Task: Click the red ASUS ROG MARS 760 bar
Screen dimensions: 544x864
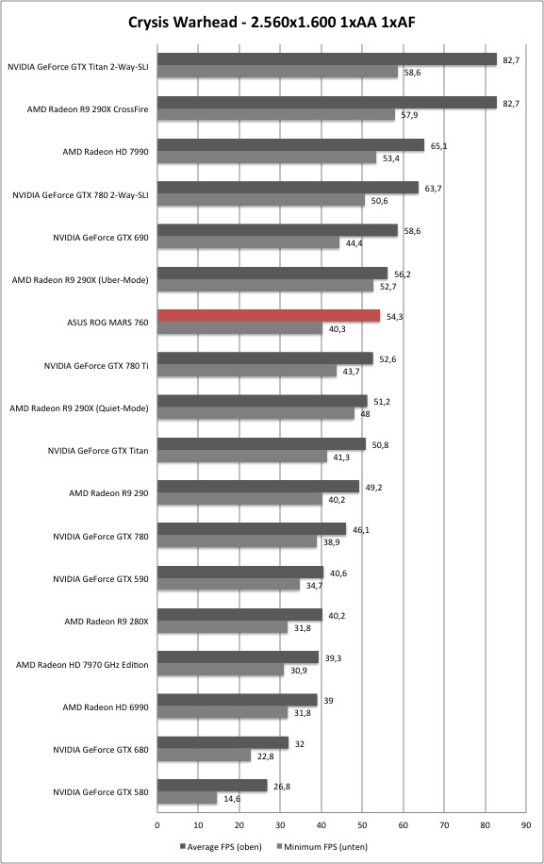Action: [269, 316]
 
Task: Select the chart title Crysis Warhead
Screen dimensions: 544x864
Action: [185, 22]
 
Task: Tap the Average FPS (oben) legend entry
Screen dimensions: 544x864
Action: [221, 846]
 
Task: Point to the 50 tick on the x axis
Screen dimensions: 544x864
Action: [362, 825]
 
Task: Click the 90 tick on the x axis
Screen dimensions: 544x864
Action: [526, 825]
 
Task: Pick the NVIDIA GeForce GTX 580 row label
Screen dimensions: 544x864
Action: [101, 792]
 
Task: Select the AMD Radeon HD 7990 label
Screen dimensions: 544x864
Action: [106, 152]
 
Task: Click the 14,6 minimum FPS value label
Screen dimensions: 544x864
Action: [232, 799]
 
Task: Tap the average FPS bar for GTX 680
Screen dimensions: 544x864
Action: [223, 742]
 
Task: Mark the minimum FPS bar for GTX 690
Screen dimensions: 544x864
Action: [248, 243]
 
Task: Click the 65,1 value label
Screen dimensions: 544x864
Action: [438, 146]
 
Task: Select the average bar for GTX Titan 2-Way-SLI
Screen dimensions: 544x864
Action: [327, 59]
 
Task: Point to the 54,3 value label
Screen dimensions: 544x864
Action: [395, 317]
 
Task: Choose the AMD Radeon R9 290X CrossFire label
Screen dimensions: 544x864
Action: [88, 109]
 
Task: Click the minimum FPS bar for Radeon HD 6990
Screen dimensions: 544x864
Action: [223, 713]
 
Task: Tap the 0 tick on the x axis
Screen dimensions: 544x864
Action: [157, 825]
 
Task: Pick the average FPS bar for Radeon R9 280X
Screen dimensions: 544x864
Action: [239, 615]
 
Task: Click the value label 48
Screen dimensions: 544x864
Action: [365, 414]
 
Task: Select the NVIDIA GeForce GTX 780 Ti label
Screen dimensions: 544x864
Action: [96, 366]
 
